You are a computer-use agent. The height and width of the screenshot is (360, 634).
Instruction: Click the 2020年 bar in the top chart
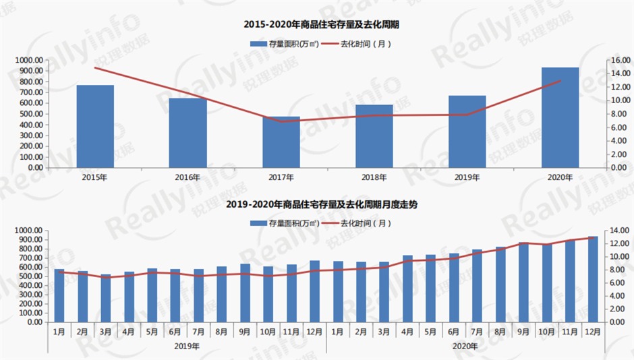click(x=560, y=117)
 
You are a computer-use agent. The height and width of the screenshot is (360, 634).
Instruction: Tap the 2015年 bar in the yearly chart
click(x=95, y=126)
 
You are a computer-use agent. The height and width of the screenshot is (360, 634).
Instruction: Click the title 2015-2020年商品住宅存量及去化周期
click(x=317, y=24)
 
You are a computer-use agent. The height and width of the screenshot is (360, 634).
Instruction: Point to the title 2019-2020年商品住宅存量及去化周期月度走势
click(x=317, y=204)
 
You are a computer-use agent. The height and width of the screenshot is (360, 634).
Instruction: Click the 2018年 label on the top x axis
click(x=374, y=177)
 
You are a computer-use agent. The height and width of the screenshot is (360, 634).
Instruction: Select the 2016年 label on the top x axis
click(x=188, y=177)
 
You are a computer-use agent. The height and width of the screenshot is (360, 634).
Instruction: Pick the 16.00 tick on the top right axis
click(x=620, y=60)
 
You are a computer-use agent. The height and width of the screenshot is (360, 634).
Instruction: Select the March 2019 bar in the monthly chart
click(x=106, y=298)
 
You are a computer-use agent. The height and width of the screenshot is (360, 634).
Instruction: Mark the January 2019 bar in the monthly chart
click(x=59, y=295)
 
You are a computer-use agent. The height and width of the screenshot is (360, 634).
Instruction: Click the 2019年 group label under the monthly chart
click(x=187, y=346)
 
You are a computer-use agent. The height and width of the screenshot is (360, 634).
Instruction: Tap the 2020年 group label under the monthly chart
click(x=465, y=346)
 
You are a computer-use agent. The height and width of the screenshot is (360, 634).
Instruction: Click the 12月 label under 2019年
click(x=314, y=332)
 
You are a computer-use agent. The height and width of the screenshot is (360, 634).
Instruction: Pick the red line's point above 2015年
click(x=95, y=67)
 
